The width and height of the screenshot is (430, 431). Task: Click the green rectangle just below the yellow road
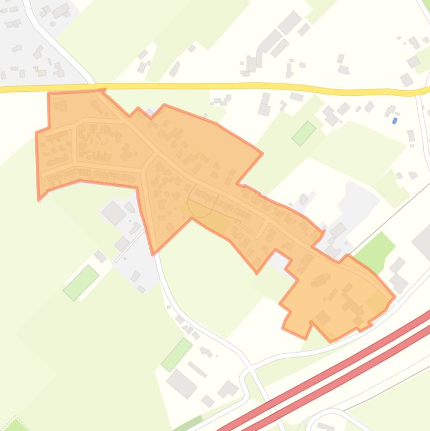(x=304, y=133)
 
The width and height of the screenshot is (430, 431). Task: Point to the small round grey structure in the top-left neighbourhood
(x=53, y=24)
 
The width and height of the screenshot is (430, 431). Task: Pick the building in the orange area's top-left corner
(x=60, y=105)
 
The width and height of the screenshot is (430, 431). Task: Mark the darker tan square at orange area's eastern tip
(x=376, y=303)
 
